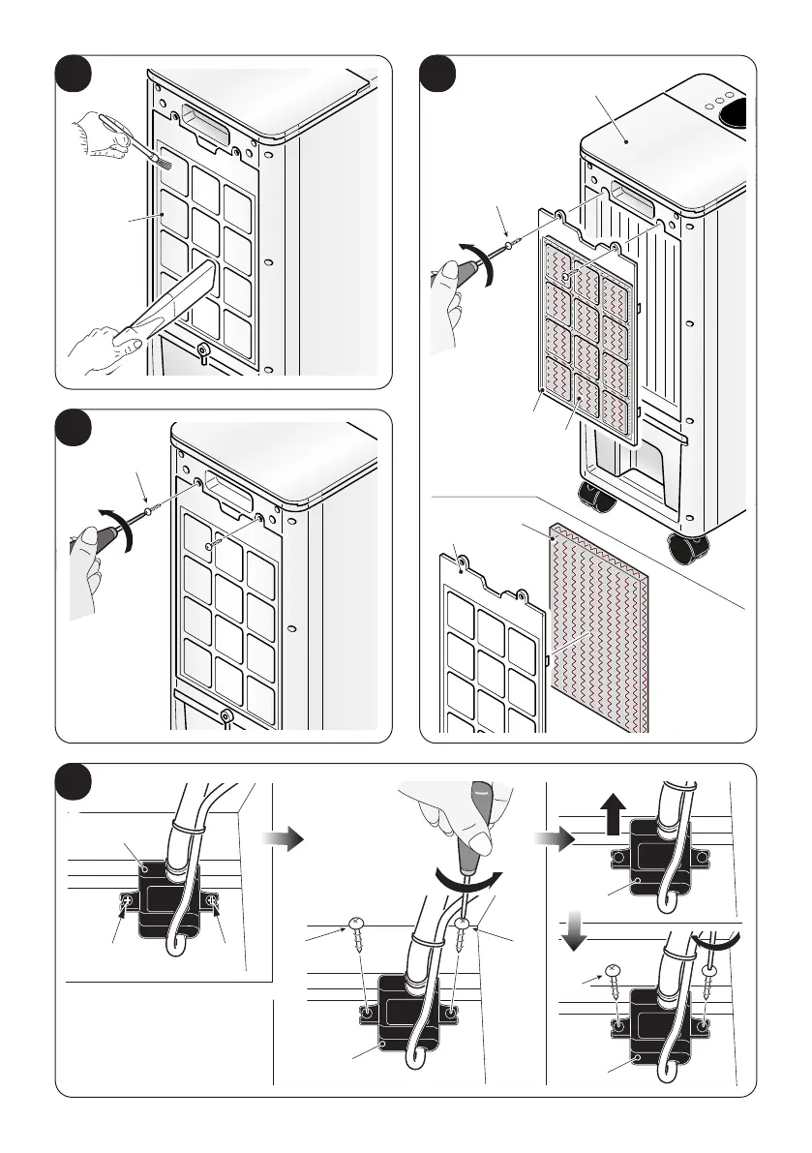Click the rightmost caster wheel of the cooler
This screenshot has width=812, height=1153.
tap(688, 549)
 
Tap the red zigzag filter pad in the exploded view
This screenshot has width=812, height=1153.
tap(595, 629)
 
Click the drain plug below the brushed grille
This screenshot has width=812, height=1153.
tap(203, 350)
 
